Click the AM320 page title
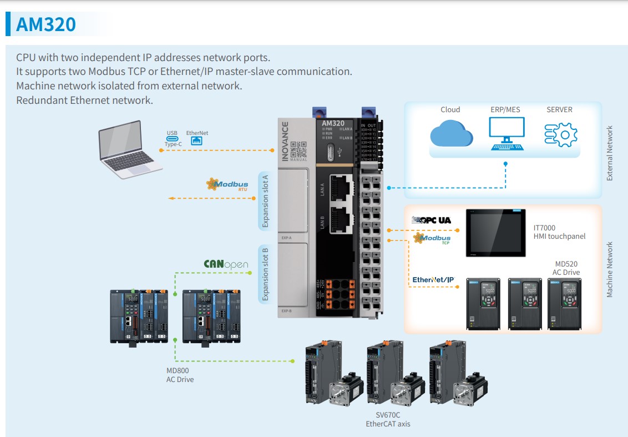pyautogui.click(x=46, y=24)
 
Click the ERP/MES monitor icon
pyautogui.click(x=505, y=134)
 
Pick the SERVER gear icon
pyautogui.click(x=560, y=134)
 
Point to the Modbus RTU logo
pyautogui.click(x=227, y=184)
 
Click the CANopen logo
pyautogui.click(x=226, y=264)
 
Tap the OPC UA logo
pyautogui.click(x=431, y=220)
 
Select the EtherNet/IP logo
pyautogui.click(x=433, y=279)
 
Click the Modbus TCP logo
pyautogui.click(x=432, y=239)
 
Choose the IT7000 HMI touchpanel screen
pyautogui.click(x=495, y=233)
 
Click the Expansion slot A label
pyautogui.click(x=265, y=200)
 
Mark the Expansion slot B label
pyautogui.click(x=265, y=274)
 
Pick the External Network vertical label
pyautogui.click(x=610, y=153)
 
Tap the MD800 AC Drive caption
pyautogui.click(x=180, y=375)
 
